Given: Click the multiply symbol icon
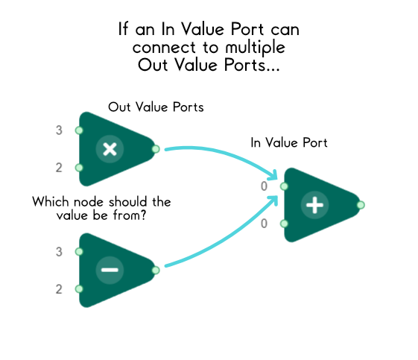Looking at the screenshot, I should click(x=110, y=149).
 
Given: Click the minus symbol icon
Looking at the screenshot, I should click(x=110, y=270).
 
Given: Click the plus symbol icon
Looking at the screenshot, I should click(x=315, y=205).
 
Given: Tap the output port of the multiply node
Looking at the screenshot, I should click(x=155, y=149).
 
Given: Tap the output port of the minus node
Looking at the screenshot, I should click(x=155, y=270).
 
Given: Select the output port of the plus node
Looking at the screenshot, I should click(x=361, y=205).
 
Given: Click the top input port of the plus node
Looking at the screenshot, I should click(x=284, y=186).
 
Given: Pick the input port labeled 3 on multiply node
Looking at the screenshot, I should click(x=79, y=130).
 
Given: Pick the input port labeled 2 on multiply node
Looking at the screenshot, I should click(x=79, y=168).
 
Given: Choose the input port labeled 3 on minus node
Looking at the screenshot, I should click(x=79, y=252).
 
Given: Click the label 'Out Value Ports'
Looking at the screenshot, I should click(x=156, y=107).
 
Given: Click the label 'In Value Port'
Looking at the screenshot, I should click(x=289, y=142).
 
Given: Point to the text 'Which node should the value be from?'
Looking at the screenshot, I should click(x=102, y=208).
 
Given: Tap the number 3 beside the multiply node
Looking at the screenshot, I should click(x=59, y=131).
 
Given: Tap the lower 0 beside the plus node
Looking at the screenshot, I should click(x=264, y=224).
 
